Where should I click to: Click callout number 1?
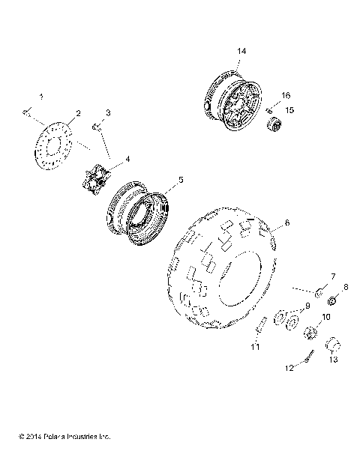(41, 97)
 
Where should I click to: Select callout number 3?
(108, 112)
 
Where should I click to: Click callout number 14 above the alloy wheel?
(241, 50)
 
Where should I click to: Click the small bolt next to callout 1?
(26, 112)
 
